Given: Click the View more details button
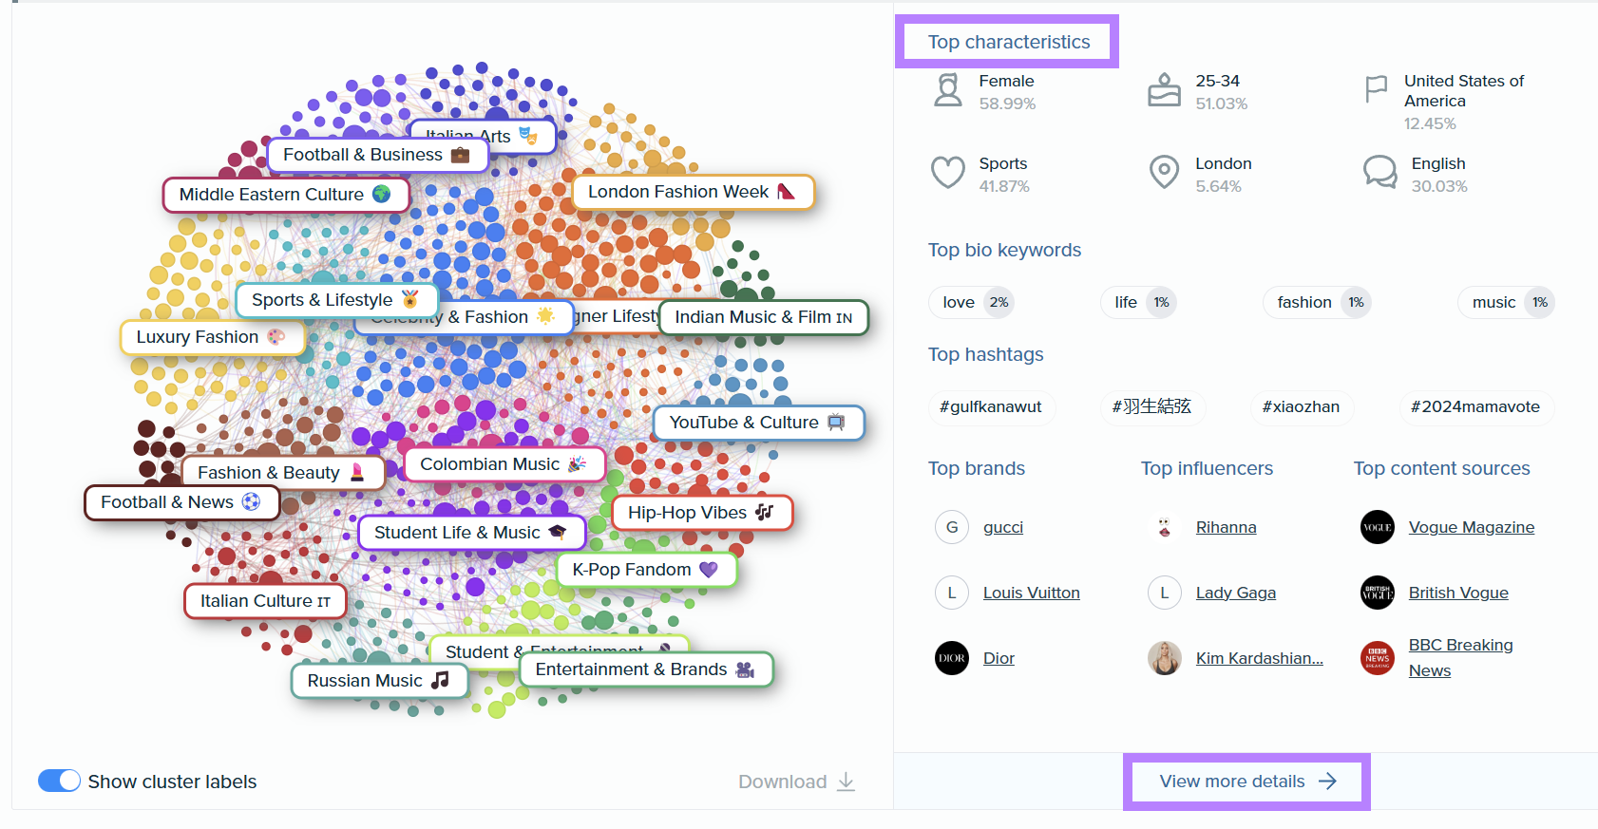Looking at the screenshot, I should pyautogui.click(x=1246, y=782).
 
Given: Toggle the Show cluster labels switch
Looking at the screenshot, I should pyautogui.click(x=59, y=781).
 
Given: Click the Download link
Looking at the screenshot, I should pyautogui.click(x=796, y=782).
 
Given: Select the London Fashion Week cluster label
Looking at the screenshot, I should pyautogui.click(x=692, y=192).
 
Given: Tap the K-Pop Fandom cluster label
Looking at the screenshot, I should pyautogui.click(x=645, y=570).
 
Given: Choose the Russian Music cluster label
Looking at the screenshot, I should pyautogui.click(x=378, y=681).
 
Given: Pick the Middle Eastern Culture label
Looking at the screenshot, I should pyautogui.click(x=285, y=195).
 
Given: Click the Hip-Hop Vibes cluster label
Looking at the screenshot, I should pyautogui.click(x=701, y=513).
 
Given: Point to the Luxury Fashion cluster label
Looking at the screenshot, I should pyautogui.click(x=211, y=337).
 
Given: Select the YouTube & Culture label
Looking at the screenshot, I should pyautogui.click(x=757, y=423).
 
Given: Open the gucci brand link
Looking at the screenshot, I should pyautogui.click(x=1003, y=527).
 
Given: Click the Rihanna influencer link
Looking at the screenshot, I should pyautogui.click(x=1226, y=527).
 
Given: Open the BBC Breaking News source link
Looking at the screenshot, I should pyautogui.click(x=1460, y=657).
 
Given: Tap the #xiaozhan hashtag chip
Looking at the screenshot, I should pyautogui.click(x=1301, y=406).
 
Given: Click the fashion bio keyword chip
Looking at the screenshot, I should pyautogui.click(x=1317, y=302).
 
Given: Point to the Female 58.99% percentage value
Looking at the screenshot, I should pyautogui.click(x=1007, y=104).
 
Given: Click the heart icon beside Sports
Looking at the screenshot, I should pyautogui.click(x=947, y=173).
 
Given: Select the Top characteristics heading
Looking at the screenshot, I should pyautogui.click(x=1008, y=42).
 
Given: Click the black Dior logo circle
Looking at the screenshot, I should pyautogui.click(x=952, y=658).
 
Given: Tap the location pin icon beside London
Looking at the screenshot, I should pyautogui.click(x=1164, y=172).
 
